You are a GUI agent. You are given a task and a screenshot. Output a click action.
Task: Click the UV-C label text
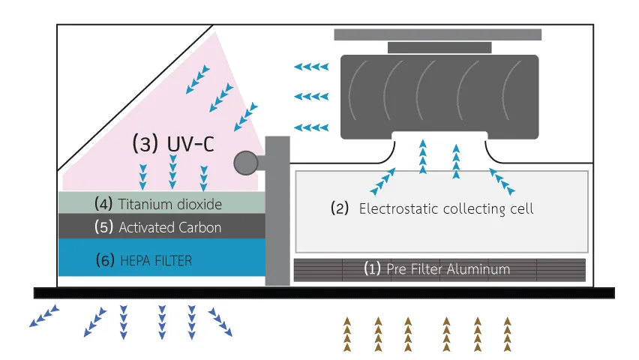(189, 143)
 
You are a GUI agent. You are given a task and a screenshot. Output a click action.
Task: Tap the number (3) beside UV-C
(143, 143)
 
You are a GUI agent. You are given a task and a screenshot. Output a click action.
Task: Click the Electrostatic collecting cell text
(446, 208)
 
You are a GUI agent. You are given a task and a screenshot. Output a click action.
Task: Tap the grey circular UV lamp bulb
(245, 162)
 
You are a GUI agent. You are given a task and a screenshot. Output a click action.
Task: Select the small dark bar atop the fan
(439, 47)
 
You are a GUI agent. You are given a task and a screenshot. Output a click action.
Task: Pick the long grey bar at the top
(437, 34)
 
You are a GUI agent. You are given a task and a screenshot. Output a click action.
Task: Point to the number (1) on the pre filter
(373, 268)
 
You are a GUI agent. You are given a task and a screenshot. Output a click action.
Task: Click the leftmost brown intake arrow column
(347, 333)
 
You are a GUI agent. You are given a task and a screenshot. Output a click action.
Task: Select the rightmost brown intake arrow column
(508, 333)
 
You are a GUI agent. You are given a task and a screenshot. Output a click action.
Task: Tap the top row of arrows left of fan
(311, 67)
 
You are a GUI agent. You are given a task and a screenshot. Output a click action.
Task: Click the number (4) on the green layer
(104, 202)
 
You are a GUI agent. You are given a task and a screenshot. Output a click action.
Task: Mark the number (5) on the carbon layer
(104, 226)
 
